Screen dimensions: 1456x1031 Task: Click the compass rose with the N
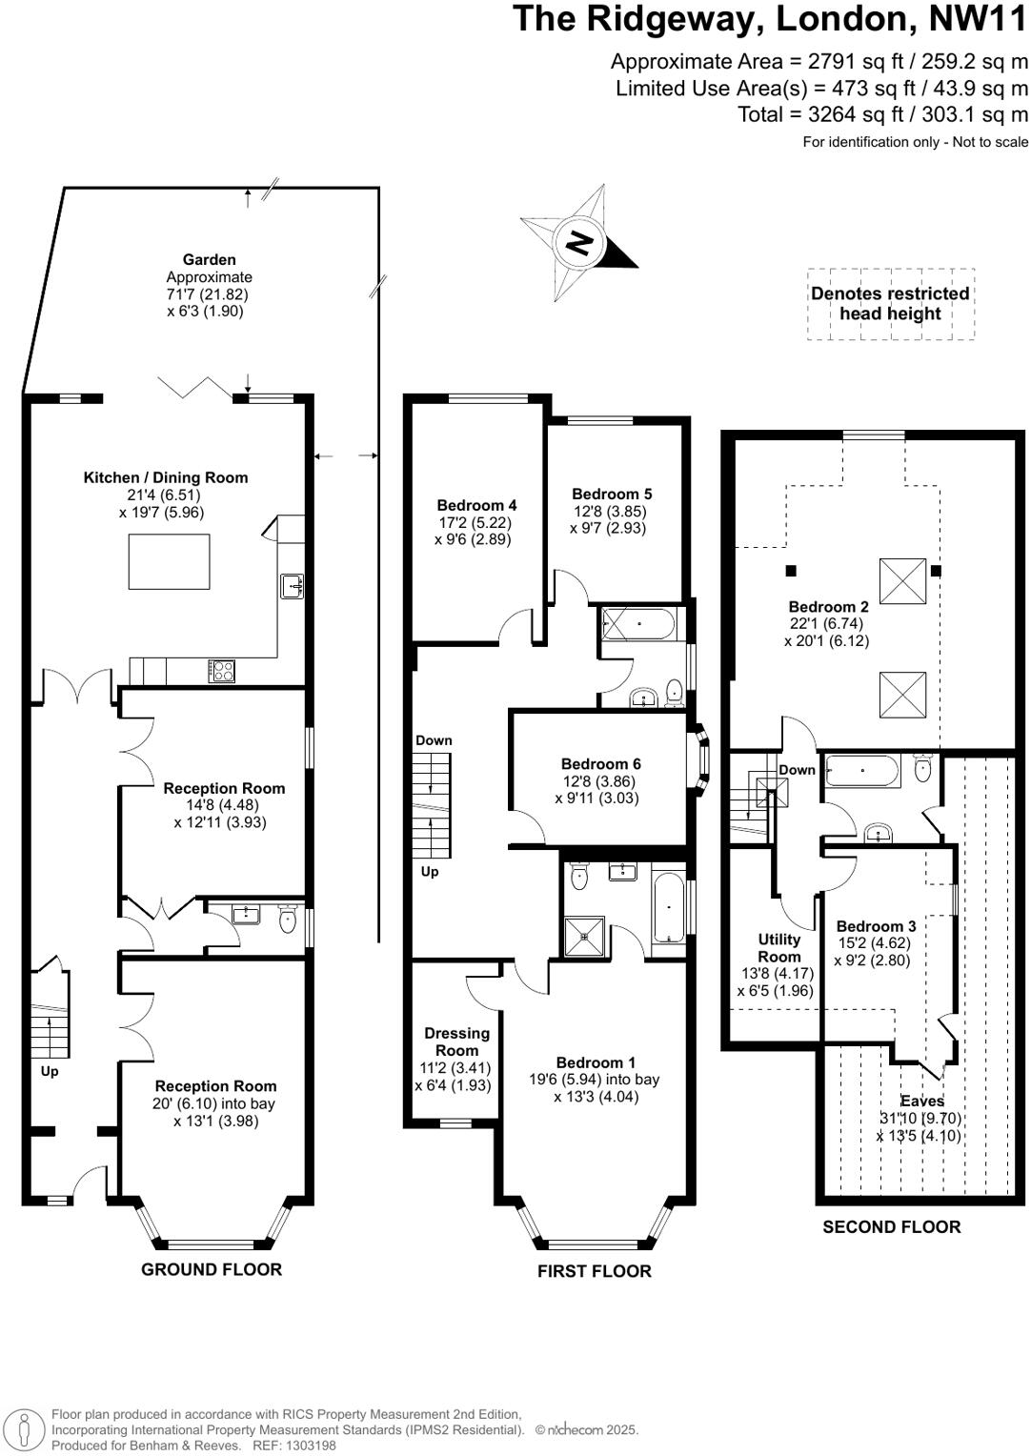[x=576, y=242]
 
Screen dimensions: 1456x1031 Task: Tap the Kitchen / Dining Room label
[x=166, y=477]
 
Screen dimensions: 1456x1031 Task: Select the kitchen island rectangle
[x=169, y=561]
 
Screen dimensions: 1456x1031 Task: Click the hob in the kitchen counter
[x=221, y=671]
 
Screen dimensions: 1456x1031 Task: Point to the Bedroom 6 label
[x=600, y=763]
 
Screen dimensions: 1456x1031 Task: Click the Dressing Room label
[x=456, y=1041]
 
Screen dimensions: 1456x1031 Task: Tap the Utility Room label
[x=778, y=948]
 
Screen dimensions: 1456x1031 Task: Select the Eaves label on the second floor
[x=921, y=1101]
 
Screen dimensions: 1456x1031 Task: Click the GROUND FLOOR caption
[x=212, y=1269]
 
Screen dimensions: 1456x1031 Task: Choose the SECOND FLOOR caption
[x=891, y=1226]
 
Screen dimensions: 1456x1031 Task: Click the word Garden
[x=210, y=259]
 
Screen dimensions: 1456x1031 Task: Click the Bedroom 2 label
[x=828, y=606]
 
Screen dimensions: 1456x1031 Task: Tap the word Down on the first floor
[x=434, y=740]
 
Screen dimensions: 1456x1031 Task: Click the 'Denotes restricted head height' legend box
[x=890, y=304]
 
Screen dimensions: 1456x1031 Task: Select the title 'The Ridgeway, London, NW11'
[x=770, y=19]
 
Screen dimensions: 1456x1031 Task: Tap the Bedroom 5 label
[x=612, y=494]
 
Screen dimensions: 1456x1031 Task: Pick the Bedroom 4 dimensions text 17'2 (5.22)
[x=475, y=522]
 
